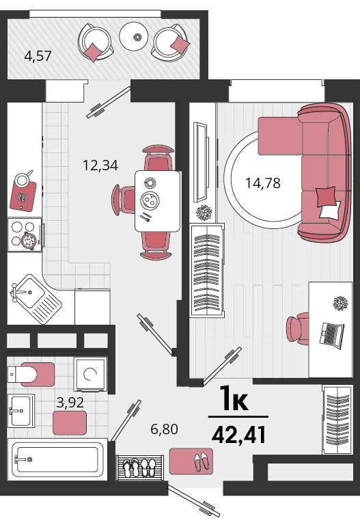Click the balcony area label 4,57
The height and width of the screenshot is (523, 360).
pos(38,55)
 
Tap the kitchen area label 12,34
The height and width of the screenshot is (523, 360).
pos(100,165)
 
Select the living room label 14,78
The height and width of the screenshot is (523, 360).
pos(263,183)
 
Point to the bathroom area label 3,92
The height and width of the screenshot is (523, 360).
pos(70,403)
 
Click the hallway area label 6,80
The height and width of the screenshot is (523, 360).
pos(164,429)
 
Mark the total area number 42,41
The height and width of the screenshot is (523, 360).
pos(239,435)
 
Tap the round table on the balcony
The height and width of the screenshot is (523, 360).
pos(134,36)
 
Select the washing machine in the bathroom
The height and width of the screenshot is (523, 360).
pos(91,374)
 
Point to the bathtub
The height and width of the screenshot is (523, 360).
pos(57,459)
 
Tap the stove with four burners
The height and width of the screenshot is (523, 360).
pos(25,234)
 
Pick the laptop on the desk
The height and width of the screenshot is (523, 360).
pos(332,335)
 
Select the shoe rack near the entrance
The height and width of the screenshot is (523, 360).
pos(140,468)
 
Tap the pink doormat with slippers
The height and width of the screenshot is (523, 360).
pos(191,461)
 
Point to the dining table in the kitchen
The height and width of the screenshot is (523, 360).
pos(158,201)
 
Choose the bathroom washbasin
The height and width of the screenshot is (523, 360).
pos(20,411)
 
